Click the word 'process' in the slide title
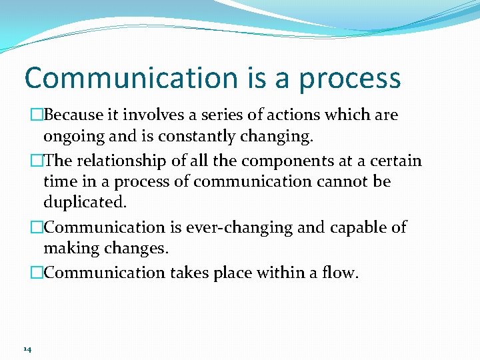coord(350,79)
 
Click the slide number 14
coord(27,349)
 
